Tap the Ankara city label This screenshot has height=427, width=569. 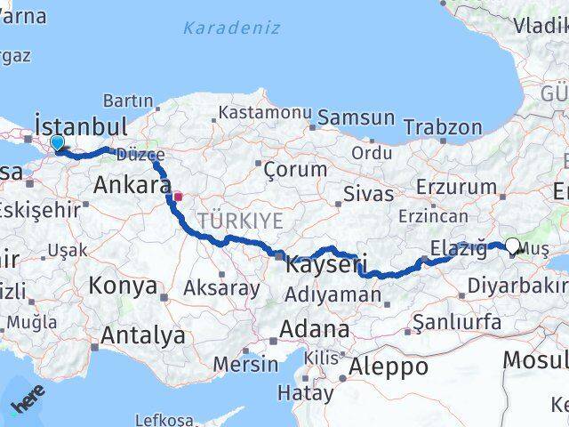tap(132, 186)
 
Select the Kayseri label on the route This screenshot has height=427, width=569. tap(326, 264)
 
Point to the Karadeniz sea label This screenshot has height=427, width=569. tap(231, 28)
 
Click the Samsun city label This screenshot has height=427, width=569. tap(357, 117)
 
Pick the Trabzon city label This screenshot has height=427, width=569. tap(442, 128)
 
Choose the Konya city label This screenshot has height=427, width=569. tap(124, 286)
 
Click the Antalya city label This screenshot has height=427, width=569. tap(143, 335)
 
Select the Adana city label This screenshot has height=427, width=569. tap(314, 329)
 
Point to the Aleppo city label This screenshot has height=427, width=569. tap(388, 367)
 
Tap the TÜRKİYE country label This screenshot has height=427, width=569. tap(240, 220)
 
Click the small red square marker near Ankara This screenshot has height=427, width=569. tap(178, 197)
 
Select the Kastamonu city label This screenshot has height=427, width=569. tap(263, 113)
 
